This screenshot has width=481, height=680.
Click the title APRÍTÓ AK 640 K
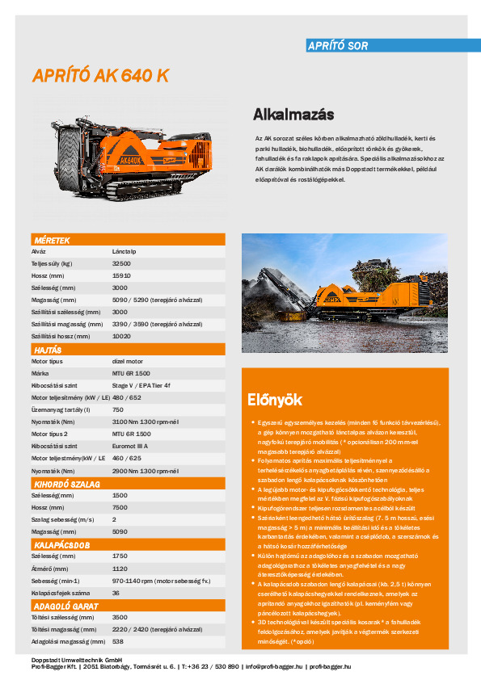click(x=101, y=76)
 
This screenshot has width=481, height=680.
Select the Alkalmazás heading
click(x=293, y=114)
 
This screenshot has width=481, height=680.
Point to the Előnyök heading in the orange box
click(x=275, y=399)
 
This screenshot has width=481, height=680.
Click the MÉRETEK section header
click(x=52, y=241)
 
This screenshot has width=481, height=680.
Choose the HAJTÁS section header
click(x=48, y=350)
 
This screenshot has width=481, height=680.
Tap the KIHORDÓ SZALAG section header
click(x=66, y=483)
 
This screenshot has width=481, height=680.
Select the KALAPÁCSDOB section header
click(x=61, y=545)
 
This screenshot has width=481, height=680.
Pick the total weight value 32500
click(x=121, y=263)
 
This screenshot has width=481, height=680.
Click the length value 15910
click(x=121, y=275)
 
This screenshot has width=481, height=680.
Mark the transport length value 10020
click(x=121, y=336)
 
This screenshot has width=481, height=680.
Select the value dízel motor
click(x=128, y=361)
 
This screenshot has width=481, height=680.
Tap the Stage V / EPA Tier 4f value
click(x=141, y=385)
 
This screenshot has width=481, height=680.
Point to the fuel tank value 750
click(x=117, y=409)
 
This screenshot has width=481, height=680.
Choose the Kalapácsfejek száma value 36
click(x=116, y=592)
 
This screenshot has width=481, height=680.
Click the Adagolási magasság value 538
click(x=117, y=641)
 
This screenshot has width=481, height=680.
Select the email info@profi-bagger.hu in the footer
click(x=274, y=666)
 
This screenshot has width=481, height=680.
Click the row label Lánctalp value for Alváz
click(x=124, y=251)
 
